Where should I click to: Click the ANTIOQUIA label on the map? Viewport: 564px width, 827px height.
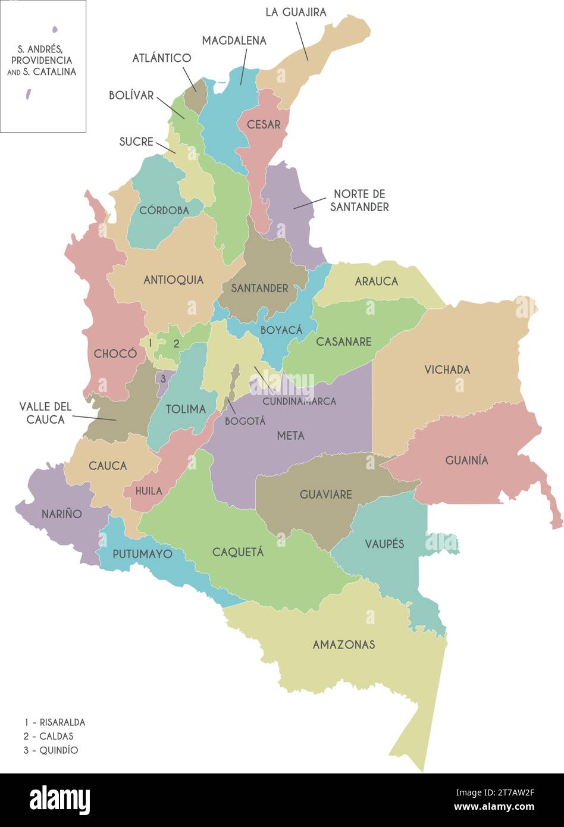tap(173, 280)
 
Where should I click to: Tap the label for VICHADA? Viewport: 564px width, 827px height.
tap(447, 369)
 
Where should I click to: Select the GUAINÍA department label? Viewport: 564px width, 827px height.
tap(466, 460)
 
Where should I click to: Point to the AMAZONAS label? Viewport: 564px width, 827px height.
tap(344, 644)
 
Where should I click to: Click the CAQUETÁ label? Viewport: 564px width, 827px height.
tap(238, 552)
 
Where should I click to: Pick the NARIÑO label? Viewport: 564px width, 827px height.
tap(62, 513)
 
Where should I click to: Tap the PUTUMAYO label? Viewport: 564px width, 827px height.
tap(142, 554)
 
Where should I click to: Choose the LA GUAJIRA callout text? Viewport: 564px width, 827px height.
tap(296, 12)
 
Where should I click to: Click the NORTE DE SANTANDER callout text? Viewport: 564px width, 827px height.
tap(361, 201)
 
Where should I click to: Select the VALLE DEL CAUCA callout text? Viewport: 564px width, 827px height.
tap(45, 413)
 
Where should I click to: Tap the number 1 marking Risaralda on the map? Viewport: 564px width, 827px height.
tap(151, 343)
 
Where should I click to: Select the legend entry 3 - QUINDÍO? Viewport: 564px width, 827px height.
tap(51, 750)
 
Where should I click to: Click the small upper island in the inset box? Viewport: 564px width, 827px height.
tap(55, 29)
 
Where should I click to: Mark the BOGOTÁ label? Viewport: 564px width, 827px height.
tap(245, 421)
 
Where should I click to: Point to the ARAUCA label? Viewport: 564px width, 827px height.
tap(376, 281)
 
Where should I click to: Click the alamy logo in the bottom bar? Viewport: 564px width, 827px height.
tap(59, 800)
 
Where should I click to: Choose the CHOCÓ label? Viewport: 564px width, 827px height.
tap(115, 353)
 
